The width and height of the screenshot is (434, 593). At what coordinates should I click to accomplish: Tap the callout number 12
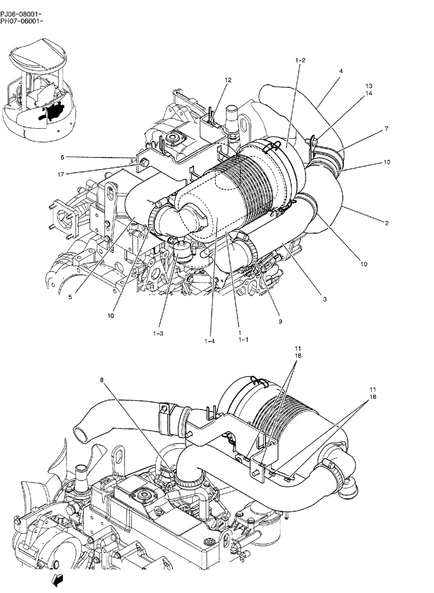tap(228, 79)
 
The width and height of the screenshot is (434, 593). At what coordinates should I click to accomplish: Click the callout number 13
tap(368, 85)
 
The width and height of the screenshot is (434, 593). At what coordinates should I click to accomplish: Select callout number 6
tap(62, 157)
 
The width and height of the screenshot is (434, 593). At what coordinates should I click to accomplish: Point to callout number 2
tap(386, 223)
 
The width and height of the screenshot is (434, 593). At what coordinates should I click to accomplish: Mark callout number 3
tap(324, 299)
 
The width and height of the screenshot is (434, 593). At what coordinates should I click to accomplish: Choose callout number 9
tap(280, 321)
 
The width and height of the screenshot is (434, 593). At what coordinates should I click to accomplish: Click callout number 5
tap(69, 298)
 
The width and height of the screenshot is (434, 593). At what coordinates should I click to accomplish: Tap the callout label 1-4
tap(209, 342)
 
